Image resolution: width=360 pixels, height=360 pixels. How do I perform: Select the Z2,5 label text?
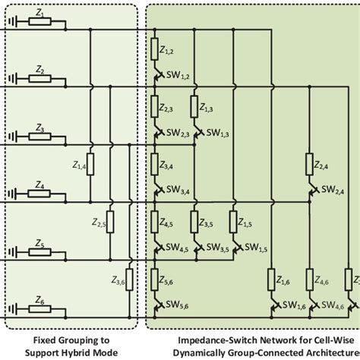(x=98, y=223)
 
